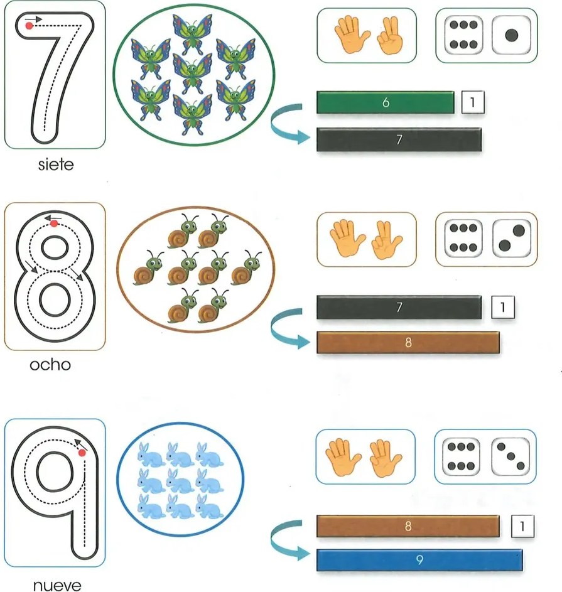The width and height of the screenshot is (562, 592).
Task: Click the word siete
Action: (56, 164)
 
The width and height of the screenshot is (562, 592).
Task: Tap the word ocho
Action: (50, 365)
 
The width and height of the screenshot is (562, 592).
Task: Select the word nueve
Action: (57, 585)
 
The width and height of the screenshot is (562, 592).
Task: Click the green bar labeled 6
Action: (386, 102)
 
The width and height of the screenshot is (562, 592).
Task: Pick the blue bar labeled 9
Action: (419, 560)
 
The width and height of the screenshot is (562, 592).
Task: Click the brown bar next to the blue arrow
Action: (408, 342)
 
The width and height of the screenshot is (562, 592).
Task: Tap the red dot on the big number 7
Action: (29, 26)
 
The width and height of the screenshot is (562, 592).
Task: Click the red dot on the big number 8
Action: (54, 223)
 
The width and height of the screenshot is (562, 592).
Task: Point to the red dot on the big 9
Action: (82, 453)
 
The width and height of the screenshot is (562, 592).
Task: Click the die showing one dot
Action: (511, 35)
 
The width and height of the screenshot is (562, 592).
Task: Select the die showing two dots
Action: (512, 238)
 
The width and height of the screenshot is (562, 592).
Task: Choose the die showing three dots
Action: (511, 456)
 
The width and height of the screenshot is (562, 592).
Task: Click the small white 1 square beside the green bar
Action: (472, 102)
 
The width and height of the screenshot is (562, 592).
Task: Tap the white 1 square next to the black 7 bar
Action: (503, 307)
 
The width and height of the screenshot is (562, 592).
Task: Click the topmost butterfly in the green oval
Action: (192, 33)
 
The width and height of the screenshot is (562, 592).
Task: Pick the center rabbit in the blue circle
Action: (180, 480)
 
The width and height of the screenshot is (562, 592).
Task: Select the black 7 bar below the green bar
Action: (399, 140)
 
